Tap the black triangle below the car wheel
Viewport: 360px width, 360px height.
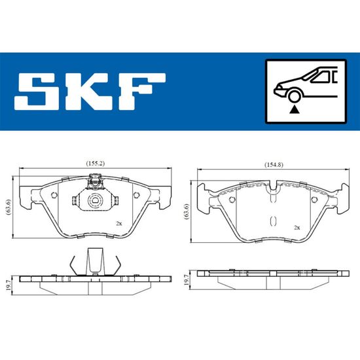[x=294, y=110]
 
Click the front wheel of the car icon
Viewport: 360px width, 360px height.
[x=294, y=96]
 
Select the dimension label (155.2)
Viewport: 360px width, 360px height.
[x=96, y=164]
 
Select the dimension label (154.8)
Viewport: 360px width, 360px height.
[x=274, y=164]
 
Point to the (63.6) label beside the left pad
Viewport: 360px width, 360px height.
[x=9, y=207]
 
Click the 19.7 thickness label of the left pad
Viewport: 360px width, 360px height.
[x=9, y=285]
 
